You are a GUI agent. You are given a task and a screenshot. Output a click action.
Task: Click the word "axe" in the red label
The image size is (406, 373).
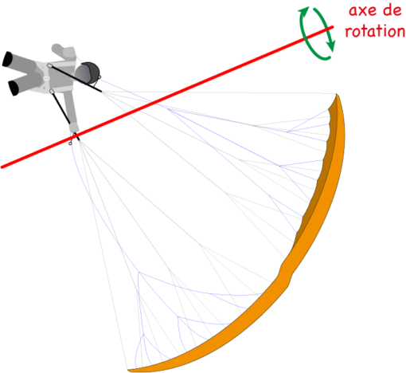point(363,11)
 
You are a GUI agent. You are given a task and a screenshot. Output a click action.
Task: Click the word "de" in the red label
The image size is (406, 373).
point(392,10)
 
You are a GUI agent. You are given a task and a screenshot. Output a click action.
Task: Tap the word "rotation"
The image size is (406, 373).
point(375,31)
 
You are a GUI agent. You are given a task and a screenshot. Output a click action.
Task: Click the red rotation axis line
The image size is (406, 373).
point(167,97)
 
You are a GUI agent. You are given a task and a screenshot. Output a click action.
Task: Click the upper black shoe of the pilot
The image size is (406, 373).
point(7,59)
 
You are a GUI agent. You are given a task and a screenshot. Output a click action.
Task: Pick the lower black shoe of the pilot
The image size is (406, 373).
point(14,88)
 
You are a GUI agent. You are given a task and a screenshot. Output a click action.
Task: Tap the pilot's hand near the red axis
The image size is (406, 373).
point(74,129)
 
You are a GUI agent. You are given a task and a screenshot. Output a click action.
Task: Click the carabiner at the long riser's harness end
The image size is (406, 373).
point(49,65)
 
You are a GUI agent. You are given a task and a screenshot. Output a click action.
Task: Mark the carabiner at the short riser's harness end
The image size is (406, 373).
point(52,92)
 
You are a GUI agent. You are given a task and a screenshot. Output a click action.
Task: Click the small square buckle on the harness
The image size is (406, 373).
point(47,78)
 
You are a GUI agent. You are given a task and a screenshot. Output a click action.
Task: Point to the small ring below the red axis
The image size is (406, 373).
point(70,143)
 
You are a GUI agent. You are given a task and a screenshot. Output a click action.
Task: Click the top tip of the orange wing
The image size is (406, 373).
point(337,94)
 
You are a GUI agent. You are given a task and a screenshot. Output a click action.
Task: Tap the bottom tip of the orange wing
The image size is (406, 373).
point(128,370)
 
